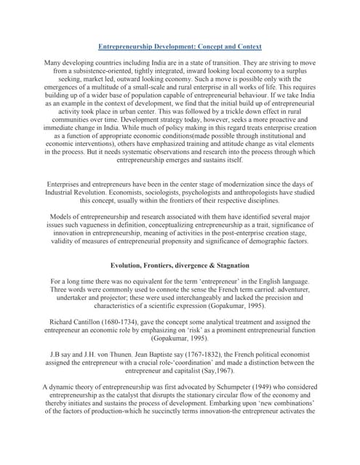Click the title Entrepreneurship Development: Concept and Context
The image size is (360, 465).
point(180,45)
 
